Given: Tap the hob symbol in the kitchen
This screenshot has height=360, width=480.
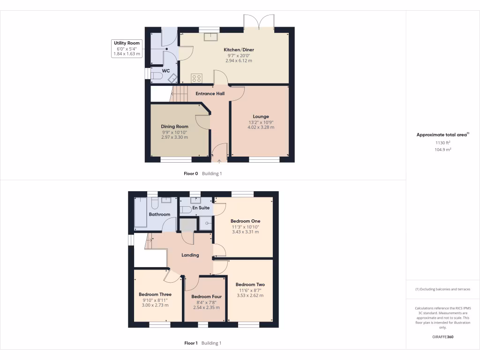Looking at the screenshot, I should tap(196, 78).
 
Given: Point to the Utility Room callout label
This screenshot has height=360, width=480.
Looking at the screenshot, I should tap(127, 43).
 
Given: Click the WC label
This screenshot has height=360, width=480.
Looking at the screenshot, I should tap(165, 71).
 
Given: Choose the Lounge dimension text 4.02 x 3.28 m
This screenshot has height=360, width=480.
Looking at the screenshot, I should tap(261, 127).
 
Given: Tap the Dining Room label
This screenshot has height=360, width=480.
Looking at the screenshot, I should tap(174, 127).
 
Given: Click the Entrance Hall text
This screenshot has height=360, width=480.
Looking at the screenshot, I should tap(210, 93).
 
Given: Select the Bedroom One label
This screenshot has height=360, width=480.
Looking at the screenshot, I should tap(245, 221).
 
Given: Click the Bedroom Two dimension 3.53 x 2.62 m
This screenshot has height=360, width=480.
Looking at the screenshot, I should tap(250, 295).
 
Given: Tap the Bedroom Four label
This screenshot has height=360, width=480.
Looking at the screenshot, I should tap(206, 297).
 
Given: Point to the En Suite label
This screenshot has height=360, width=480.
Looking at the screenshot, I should tap(201, 207).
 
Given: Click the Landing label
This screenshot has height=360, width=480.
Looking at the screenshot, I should tap(190, 255).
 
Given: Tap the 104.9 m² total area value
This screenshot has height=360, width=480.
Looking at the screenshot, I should tap(442, 149).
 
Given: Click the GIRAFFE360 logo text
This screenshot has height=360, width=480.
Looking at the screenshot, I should tap(442, 337).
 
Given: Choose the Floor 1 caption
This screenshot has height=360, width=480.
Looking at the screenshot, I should tap(191, 343).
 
